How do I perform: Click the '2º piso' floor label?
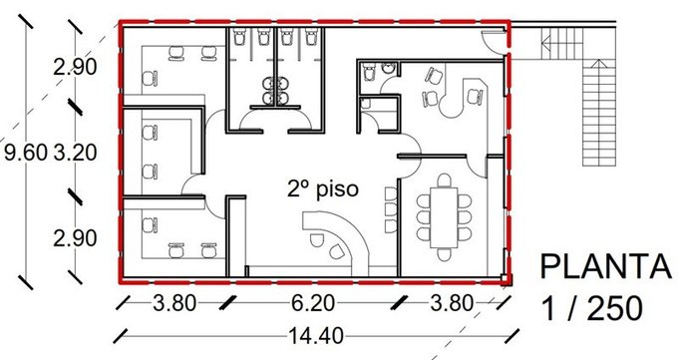click(323, 189)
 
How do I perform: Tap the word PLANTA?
click(606, 266)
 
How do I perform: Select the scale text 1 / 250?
click(591, 309)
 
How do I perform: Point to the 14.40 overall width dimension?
click(316, 335)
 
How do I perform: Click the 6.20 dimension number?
click(312, 303)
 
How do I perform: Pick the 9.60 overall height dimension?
click(25, 153)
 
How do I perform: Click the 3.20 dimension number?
click(75, 153)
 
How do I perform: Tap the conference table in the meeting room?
click(444, 216)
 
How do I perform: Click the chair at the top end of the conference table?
click(444, 180)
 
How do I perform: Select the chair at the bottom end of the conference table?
click(444, 254)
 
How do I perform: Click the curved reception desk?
click(336, 237)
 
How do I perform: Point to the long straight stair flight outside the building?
click(599, 113)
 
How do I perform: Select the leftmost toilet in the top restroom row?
click(238, 37)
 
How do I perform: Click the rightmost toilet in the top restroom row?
click(311, 37)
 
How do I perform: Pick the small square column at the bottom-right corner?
click(505, 278)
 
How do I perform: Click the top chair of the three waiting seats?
click(391, 193)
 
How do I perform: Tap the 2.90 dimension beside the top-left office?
click(75, 67)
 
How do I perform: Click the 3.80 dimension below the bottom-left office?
click(174, 303)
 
